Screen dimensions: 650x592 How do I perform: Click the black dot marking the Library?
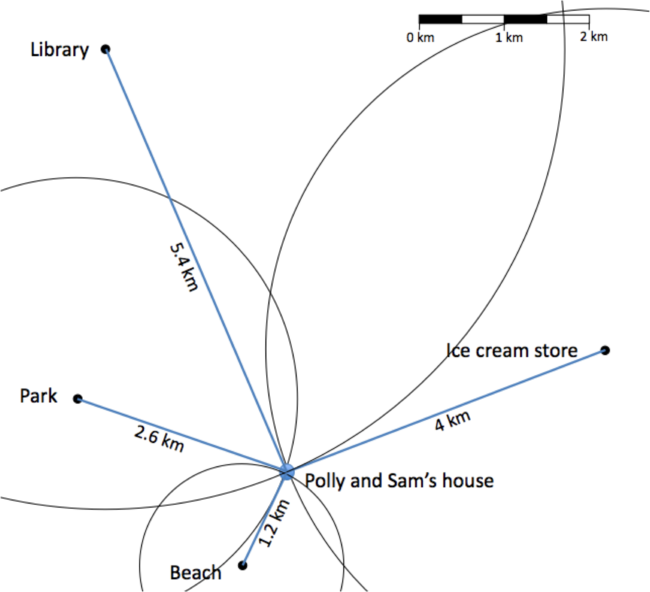coord(106,49)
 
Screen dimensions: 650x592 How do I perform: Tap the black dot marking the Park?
coord(78,399)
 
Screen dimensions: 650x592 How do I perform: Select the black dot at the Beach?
coord(243,565)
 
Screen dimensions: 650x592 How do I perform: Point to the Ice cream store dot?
coord(605,350)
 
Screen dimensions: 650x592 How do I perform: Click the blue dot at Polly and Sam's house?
coord(286,472)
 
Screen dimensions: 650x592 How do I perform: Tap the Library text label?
coord(60,50)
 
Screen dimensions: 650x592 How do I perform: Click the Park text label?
coord(39,396)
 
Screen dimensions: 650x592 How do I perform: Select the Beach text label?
coord(195,573)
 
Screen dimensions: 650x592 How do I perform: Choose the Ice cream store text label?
coord(512,351)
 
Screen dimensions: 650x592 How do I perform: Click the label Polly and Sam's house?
coord(399,481)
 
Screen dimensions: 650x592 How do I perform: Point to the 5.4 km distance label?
coord(184,268)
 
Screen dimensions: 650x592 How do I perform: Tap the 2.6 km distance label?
coord(159,439)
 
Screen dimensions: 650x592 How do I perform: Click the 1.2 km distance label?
coord(274,523)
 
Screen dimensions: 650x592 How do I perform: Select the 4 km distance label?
coord(452,421)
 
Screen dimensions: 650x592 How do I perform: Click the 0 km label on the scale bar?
coord(420,38)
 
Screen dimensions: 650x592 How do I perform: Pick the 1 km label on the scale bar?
coord(509,38)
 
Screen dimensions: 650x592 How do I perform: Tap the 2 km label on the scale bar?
coord(594,36)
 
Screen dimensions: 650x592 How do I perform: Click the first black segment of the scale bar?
coord(440,19)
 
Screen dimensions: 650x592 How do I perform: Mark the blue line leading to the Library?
coord(196,260)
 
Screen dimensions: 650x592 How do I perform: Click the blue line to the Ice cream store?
coord(446,411)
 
